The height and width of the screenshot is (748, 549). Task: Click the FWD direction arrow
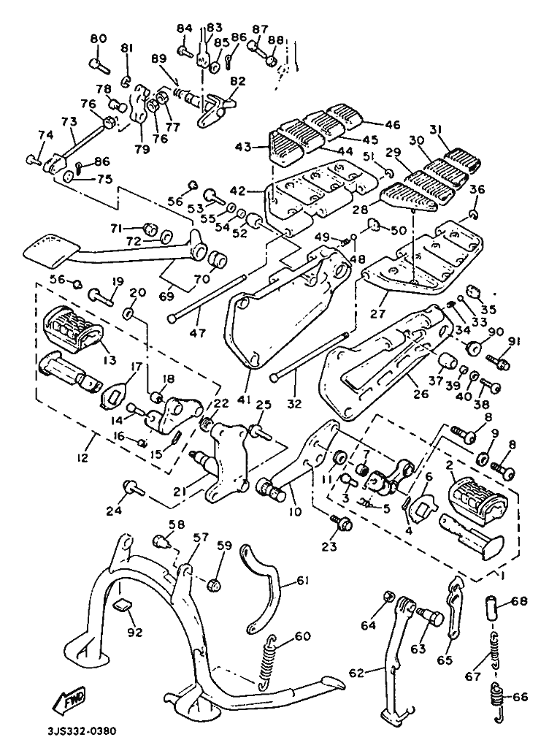pos(68,701)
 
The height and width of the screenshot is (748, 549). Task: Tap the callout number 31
pos(457,130)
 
